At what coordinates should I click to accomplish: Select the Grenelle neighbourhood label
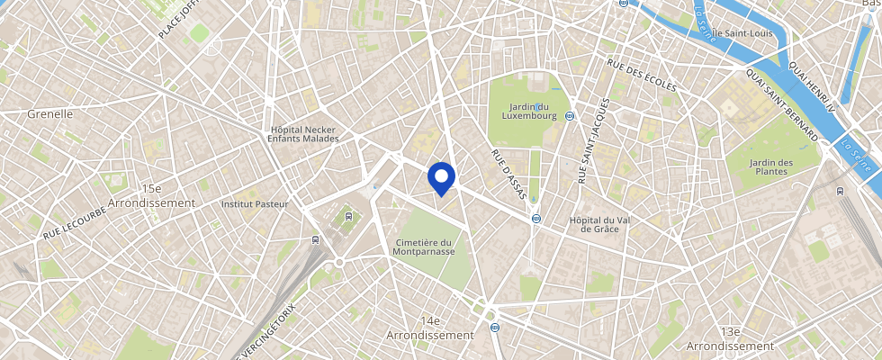[x=49, y=113]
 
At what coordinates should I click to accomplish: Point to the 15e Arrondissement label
[x=150, y=195]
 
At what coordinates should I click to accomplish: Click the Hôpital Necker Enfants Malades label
[x=304, y=134]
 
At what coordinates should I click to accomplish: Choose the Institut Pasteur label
[x=255, y=204]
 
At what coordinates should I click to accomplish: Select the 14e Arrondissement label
[x=430, y=328]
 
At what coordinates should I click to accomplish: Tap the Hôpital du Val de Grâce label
[x=604, y=224]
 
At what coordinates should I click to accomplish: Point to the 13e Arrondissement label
[x=730, y=338]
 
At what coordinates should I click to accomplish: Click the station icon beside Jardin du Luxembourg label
[x=570, y=115]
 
